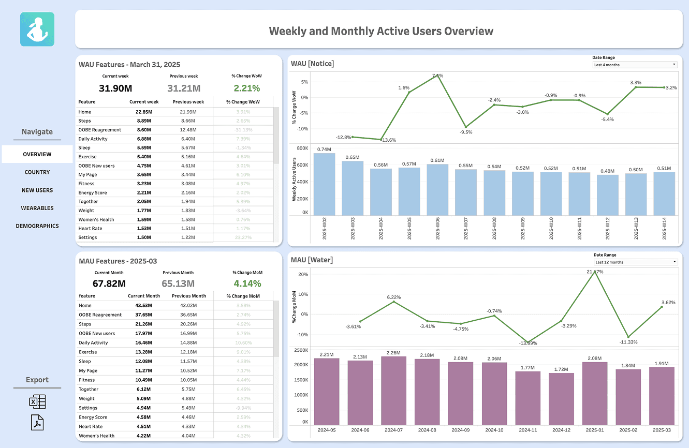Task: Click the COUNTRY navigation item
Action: pos(37,172)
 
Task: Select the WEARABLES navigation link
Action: pos(37,208)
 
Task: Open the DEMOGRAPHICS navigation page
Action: pos(37,226)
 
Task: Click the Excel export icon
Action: pos(37,402)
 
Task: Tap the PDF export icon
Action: pos(37,423)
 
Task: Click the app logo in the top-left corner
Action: pos(37,29)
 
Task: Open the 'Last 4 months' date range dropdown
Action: pos(635,65)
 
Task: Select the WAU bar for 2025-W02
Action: pos(325,184)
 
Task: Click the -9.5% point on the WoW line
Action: pos(466,127)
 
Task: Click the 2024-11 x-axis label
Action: pos(527,430)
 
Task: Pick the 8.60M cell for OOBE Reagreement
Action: pos(143,130)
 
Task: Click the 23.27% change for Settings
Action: pos(243,237)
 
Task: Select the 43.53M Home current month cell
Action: pos(143,305)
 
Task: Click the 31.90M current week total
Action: pos(115,88)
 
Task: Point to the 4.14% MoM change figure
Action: pos(247,283)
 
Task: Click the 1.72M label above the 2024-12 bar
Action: pos(561,369)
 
